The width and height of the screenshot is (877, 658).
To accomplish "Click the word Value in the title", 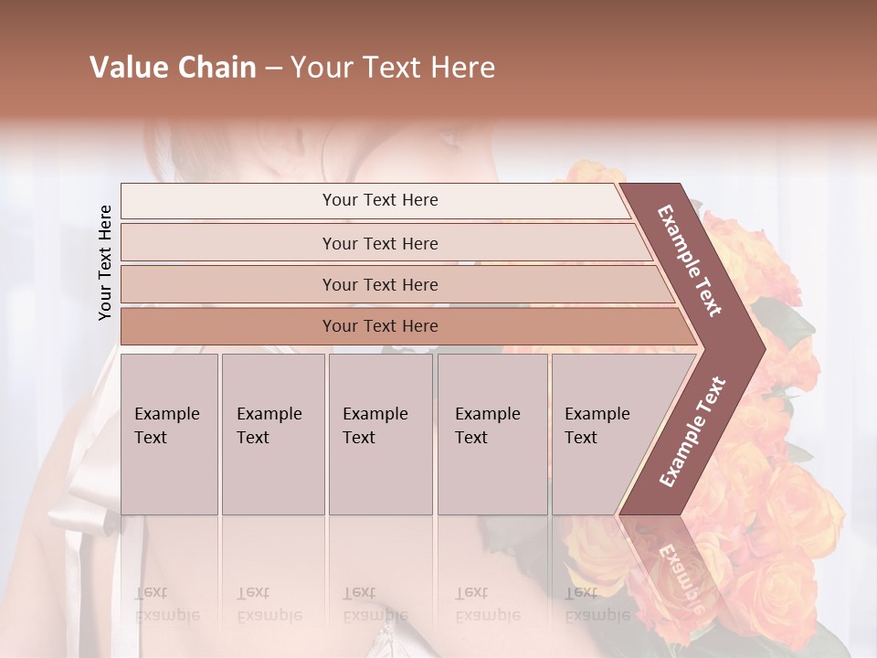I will (126, 68).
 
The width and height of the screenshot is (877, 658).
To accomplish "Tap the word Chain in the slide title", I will (217, 68).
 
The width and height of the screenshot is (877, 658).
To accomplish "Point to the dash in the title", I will (273, 69).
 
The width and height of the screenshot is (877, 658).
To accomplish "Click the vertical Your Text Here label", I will (105, 262).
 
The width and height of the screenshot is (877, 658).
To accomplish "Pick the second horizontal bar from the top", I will (379, 243).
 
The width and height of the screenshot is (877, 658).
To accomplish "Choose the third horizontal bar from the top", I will (379, 284).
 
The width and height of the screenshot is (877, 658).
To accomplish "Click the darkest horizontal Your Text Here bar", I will (379, 326).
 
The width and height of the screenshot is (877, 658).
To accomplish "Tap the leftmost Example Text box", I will (169, 434).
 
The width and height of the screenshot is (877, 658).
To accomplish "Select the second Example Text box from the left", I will (273, 434).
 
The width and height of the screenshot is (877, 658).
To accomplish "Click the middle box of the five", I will (380, 434).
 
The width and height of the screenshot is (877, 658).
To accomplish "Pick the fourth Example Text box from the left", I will (492, 434).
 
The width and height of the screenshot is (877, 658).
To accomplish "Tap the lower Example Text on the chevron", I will (692, 431).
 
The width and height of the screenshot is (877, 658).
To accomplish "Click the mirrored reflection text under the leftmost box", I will (168, 603).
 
